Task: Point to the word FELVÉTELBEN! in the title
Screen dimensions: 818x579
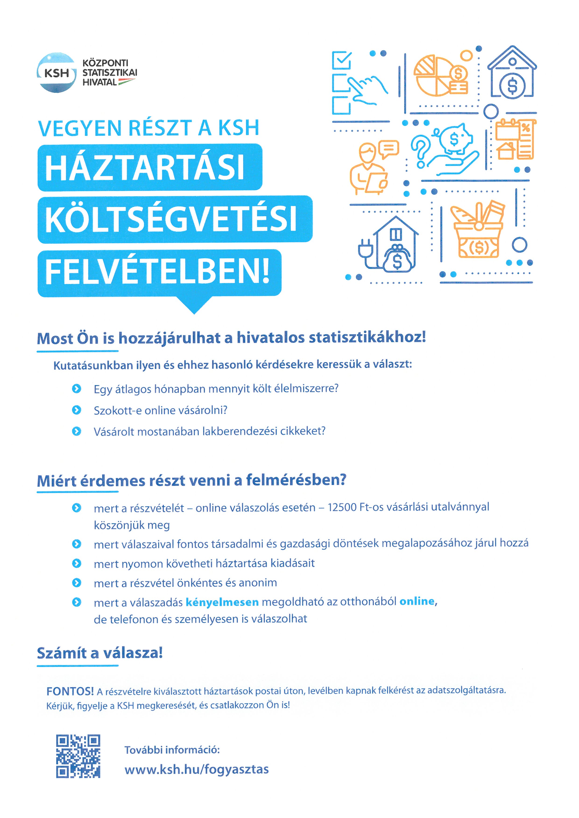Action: (x=157, y=272)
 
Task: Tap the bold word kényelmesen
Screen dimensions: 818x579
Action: (x=222, y=602)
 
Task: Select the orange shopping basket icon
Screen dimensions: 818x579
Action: (x=478, y=232)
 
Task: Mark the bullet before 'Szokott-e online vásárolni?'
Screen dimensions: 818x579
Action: (x=76, y=410)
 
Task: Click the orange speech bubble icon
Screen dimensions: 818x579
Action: (x=389, y=149)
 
